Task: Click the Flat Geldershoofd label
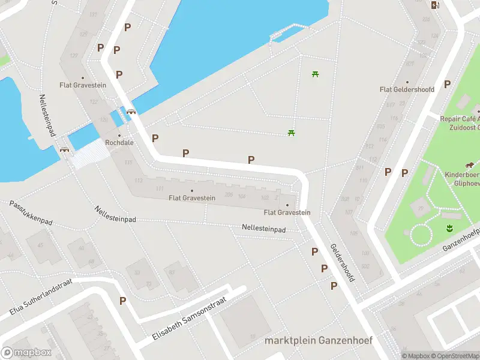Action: pyautogui.click(x=407, y=89)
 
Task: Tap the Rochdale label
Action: pyautogui.click(x=119, y=143)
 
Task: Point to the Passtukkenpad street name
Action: pyautogui.click(x=31, y=213)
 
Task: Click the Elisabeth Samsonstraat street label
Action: pyautogui.click(x=188, y=319)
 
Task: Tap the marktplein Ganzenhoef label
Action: pyautogui.click(x=318, y=340)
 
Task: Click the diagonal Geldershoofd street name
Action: pyautogui.click(x=343, y=263)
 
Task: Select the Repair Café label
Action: pyautogui.click(x=460, y=119)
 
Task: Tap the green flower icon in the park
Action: pyautogui.click(x=448, y=227)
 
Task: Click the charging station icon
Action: pyautogui.click(x=435, y=5)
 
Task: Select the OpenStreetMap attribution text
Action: pyautogui.click(x=457, y=356)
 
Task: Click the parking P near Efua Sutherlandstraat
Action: pyautogui.click(x=122, y=301)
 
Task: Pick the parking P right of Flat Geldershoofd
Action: pyautogui.click(x=447, y=85)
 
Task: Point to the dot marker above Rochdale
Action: pyautogui.click(x=119, y=135)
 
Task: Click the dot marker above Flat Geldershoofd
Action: pyautogui.click(x=407, y=82)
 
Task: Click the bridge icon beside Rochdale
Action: pyautogui.click(x=131, y=111)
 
